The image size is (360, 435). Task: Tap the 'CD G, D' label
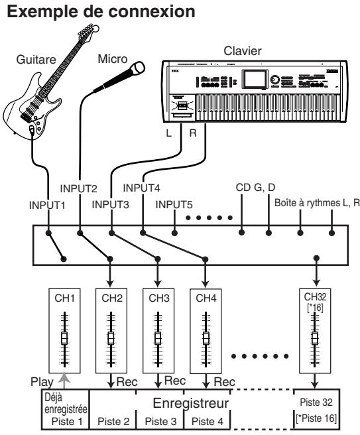click(x=257, y=188)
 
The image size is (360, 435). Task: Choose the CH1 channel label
click(x=65, y=298)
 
